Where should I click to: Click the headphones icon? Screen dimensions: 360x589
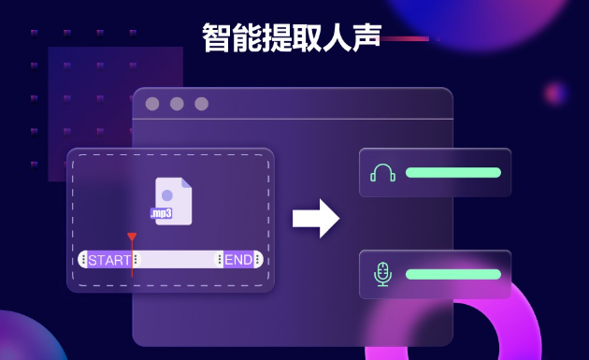click(x=382, y=173)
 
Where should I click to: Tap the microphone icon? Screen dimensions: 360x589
click(x=381, y=274)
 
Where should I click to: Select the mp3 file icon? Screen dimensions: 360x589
click(x=173, y=202)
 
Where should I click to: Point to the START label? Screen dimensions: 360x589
click(x=109, y=260)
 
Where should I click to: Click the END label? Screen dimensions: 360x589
click(x=237, y=260)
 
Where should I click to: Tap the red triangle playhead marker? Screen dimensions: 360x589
click(x=132, y=238)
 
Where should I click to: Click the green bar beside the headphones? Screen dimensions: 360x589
click(x=453, y=173)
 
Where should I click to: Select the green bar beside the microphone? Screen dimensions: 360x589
click(x=453, y=274)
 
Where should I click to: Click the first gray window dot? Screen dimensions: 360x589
click(x=152, y=104)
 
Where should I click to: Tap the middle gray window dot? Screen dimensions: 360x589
click(x=177, y=104)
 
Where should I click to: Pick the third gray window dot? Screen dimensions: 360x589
click(x=201, y=104)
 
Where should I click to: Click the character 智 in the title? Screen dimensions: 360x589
click(x=217, y=37)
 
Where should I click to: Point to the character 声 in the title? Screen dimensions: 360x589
click(x=366, y=37)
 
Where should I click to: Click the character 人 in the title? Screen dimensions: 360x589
click(x=337, y=37)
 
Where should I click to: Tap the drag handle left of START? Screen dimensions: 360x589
click(x=83, y=260)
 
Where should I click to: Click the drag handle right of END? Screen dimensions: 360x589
click(x=258, y=260)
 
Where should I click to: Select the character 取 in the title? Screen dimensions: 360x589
click(x=307, y=37)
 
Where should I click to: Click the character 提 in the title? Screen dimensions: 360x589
click(x=277, y=37)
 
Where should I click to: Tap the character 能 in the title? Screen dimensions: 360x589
click(x=247, y=37)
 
